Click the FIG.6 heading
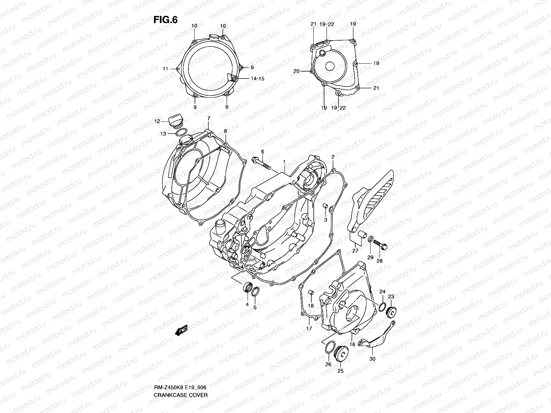(x=165, y=20)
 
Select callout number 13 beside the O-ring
(x=163, y=134)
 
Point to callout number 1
(x=284, y=162)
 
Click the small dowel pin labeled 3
(x=325, y=206)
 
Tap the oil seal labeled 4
(x=247, y=287)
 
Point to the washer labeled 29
(x=370, y=240)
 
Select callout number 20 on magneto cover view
(x=296, y=71)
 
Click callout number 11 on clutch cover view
(x=165, y=69)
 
